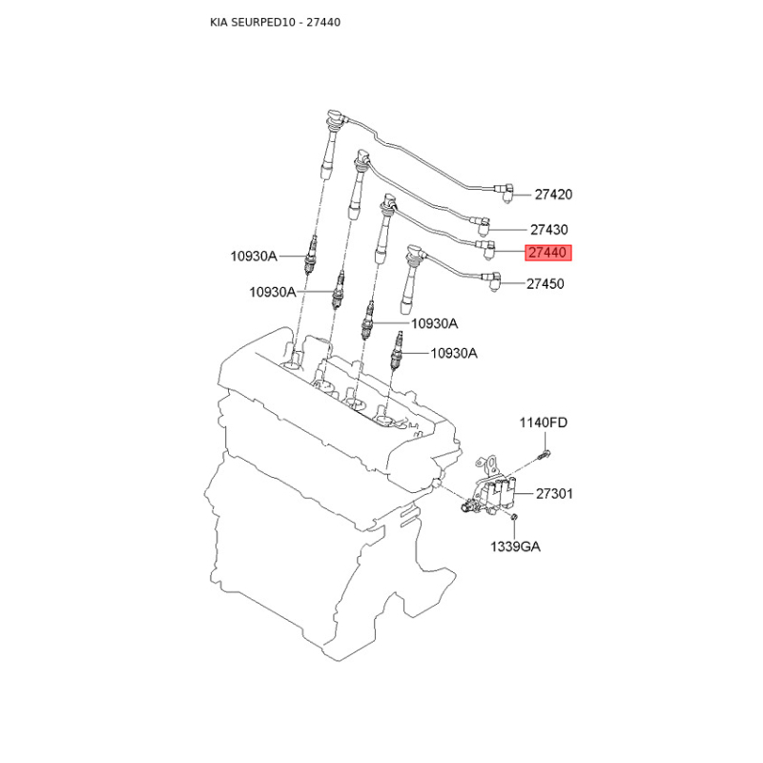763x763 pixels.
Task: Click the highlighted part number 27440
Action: tap(547, 253)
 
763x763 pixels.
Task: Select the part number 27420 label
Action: tap(554, 195)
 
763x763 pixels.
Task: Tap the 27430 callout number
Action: tap(549, 230)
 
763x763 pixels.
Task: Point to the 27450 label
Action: tap(546, 283)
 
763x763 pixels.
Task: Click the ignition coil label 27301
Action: tap(555, 494)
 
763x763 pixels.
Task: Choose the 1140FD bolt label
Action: tap(543, 423)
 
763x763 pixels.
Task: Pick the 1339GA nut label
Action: tap(515, 546)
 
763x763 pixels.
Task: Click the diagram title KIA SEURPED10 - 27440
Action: tap(276, 22)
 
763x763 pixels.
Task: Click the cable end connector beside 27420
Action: tap(505, 193)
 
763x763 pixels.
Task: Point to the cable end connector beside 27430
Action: tap(483, 225)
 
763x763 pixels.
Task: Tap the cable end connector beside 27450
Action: tap(491, 282)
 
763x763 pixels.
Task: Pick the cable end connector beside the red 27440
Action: tap(487, 248)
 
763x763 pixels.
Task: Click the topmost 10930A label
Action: tap(254, 256)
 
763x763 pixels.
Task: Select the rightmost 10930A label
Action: tap(454, 353)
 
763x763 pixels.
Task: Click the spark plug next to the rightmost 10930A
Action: tap(397, 351)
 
